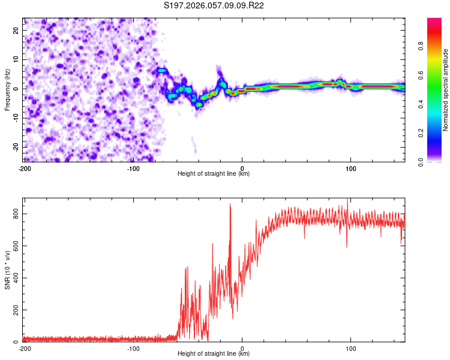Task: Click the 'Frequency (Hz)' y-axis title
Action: pos(7,89)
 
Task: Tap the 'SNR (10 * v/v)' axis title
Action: pos(7,269)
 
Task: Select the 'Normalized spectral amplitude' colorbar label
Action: pos(446,90)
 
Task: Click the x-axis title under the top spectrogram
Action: pos(214,174)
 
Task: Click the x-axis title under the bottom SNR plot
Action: pos(214,354)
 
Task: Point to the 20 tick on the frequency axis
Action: pos(16,30)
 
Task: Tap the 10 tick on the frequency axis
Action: pos(16,59)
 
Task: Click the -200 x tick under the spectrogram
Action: pos(25,168)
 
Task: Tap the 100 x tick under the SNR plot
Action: pos(351,348)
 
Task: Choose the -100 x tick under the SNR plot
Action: pos(133,348)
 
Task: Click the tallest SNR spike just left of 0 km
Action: pos(230,205)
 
